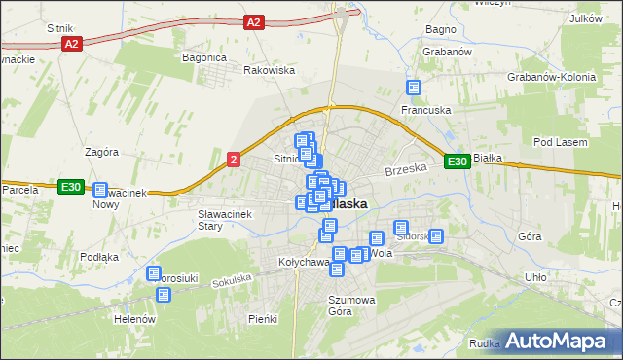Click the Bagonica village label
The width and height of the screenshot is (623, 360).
pyautogui.click(x=203, y=57)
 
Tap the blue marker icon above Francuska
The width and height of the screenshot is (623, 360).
pyautogui.click(x=415, y=88)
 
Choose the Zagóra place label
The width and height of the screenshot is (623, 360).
pyautogui.click(x=101, y=152)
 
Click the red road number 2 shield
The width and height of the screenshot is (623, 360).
pyautogui.click(x=234, y=159)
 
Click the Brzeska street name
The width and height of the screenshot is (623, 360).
pyautogui.click(x=406, y=169)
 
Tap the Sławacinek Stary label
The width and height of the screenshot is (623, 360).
pyautogui.click(x=224, y=219)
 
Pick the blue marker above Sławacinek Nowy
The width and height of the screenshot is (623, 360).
pyautogui.click(x=100, y=190)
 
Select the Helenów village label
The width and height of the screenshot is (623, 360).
pyautogui.click(x=134, y=319)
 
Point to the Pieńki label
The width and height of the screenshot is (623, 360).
pyautogui.click(x=263, y=319)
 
